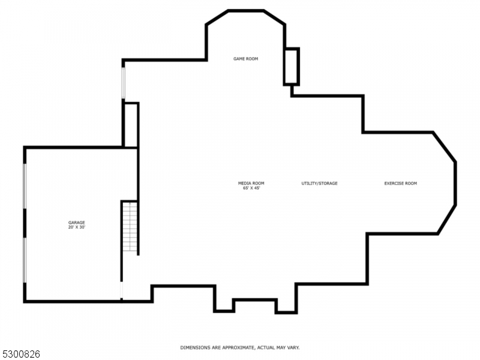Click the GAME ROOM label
[x=246, y=59]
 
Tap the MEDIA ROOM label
[x=251, y=183]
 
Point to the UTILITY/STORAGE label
[x=319, y=183]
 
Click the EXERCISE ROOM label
[x=400, y=183]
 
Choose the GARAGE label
[x=76, y=223]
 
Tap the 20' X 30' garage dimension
[x=76, y=228]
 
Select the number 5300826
[x=20, y=354]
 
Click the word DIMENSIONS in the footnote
[x=194, y=347]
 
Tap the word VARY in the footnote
[x=292, y=347]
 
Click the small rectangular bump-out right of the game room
[x=292, y=66]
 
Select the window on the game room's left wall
[x=123, y=83]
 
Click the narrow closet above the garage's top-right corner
[x=131, y=125]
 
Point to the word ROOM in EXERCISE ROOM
[x=410, y=183]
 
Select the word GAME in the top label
[x=239, y=59]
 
